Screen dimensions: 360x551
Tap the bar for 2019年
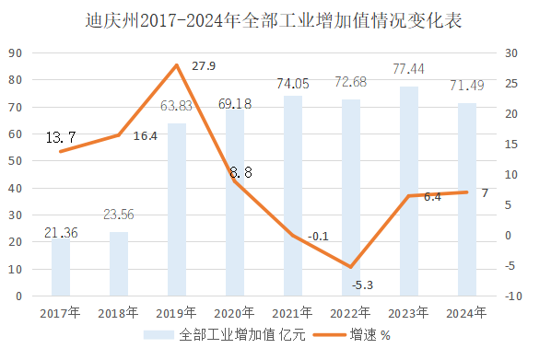click(x=177, y=210)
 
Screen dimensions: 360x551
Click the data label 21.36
click(x=61, y=232)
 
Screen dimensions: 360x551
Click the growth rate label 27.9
click(x=205, y=66)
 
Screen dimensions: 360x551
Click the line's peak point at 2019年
click(x=177, y=65)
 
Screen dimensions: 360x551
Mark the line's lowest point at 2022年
click(x=350, y=267)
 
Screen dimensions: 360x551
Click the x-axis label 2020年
click(x=234, y=313)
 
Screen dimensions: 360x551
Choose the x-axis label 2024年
click(x=466, y=313)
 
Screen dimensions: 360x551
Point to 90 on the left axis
click(x=16, y=53)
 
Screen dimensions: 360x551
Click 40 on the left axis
click(x=16, y=188)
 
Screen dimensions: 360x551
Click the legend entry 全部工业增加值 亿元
click(x=229, y=336)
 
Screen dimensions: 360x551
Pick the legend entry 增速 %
click(x=369, y=336)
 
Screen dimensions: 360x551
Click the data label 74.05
click(x=292, y=84)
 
